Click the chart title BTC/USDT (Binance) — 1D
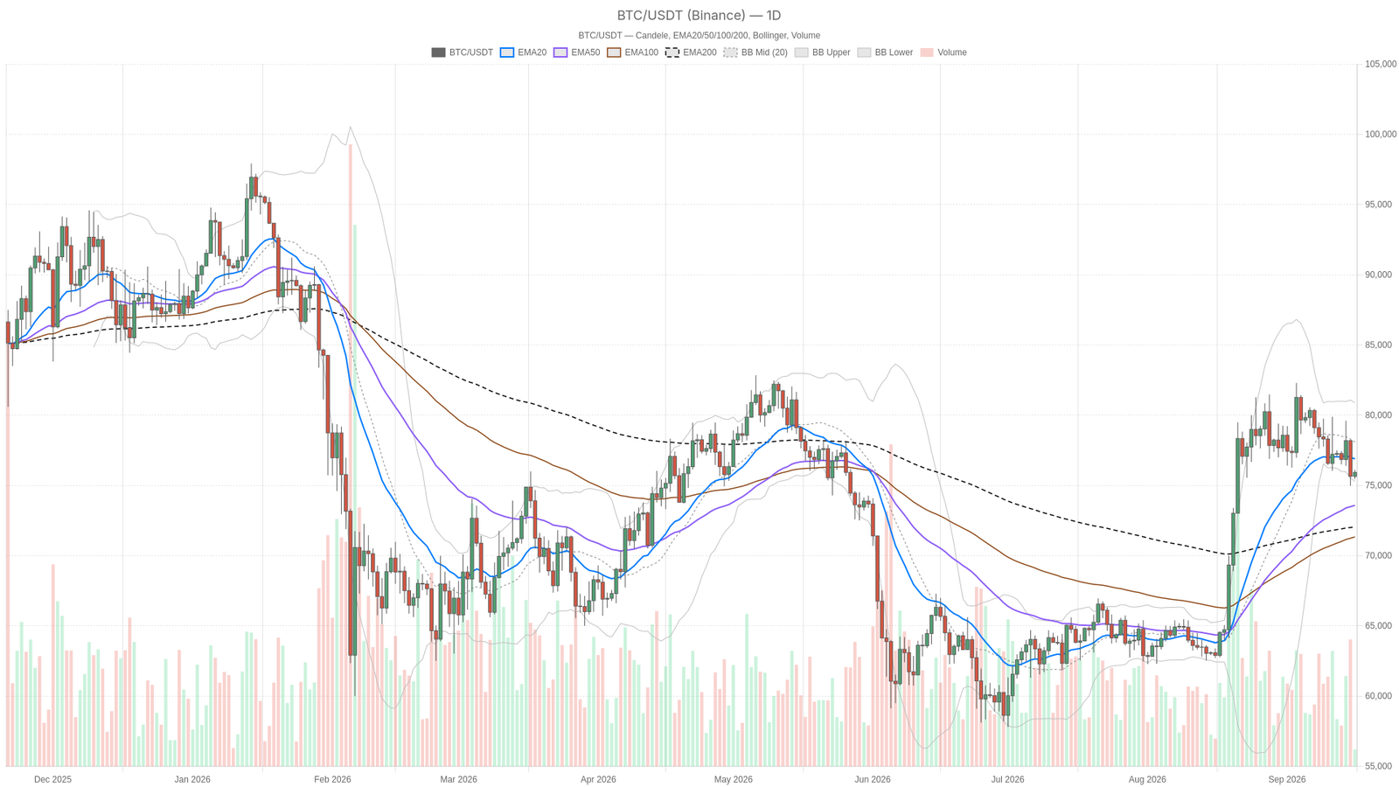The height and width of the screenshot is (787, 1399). pyautogui.click(x=699, y=16)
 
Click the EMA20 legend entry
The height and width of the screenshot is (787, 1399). pyautogui.click(x=524, y=52)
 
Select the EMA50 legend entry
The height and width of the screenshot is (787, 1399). pyautogui.click(x=577, y=52)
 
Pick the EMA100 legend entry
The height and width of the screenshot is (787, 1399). pyautogui.click(x=633, y=52)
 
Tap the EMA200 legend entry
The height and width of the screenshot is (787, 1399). pyautogui.click(x=691, y=52)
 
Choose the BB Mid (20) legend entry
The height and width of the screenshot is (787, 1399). pyautogui.click(x=755, y=52)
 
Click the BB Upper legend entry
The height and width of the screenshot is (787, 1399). pyautogui.click(x=823, y=52)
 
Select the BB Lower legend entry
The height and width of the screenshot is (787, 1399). pyautogui.click(x=885, y=52)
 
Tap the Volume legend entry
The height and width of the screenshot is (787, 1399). pyautogui.click(x=943, y=52)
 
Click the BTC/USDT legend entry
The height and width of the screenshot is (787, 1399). pyautogui.click(x=463, y=52)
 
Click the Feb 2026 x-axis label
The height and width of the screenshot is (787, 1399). pyautogui.click(x=332, y=779)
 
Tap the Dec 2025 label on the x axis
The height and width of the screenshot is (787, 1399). pyautogui.click(x=53, y=779)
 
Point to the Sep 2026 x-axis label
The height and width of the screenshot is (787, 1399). pyautogui.click(x=1286, y=779)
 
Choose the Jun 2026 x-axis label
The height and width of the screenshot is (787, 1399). pyautogui.click(x=873, y=779)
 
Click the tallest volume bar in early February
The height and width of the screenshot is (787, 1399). pyautogui.click(x=351, y=456)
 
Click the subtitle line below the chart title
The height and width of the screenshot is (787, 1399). pyautogui.click(x=699, y=36)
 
